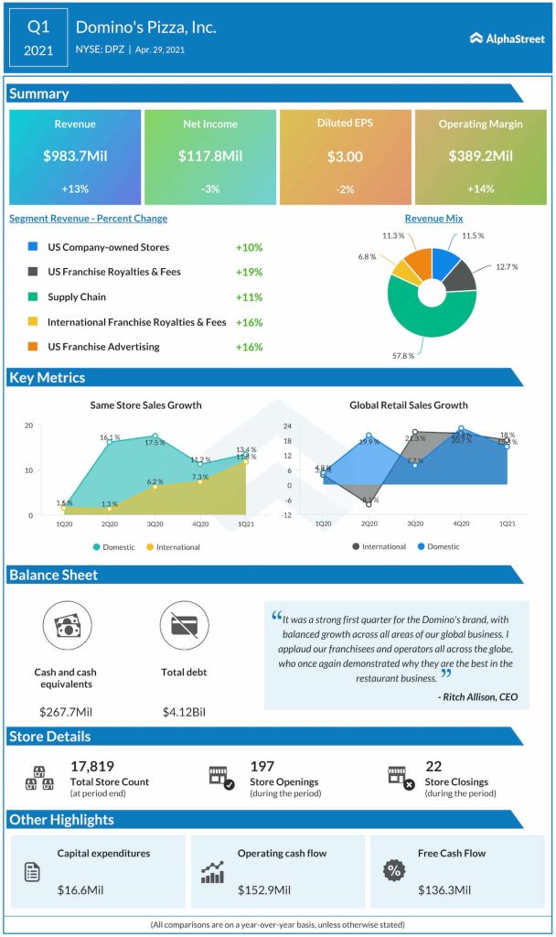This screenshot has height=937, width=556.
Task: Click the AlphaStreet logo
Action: pos(507,38)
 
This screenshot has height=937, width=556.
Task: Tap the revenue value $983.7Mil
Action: pos(75,156)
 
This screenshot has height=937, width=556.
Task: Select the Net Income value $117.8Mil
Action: pos(209,156)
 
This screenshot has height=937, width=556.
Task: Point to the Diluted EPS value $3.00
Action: pos(345,156)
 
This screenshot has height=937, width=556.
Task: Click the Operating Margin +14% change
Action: pos(480,188)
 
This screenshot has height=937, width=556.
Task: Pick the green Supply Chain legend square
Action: pos(33,297)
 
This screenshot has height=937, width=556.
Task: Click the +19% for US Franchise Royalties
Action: pos(249,272)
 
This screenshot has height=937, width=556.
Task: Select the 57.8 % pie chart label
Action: pos(403,355)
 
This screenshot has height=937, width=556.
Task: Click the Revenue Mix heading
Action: pos(433,219)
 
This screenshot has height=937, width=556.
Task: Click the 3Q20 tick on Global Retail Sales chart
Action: pos(415,522)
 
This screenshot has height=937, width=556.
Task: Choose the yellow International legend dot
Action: pos(150,547)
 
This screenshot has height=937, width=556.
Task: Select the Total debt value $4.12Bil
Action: pos(184,711)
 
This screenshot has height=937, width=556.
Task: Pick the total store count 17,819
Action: pos(92,767)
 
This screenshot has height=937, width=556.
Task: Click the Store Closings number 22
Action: pos(434,767)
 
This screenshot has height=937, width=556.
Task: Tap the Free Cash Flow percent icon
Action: pos(395,871)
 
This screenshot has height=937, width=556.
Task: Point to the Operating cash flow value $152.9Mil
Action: pos(264,889)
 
